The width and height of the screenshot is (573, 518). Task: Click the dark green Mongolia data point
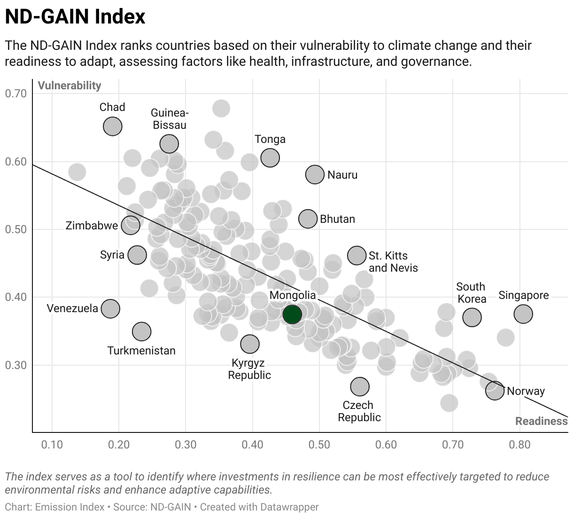(292, 314)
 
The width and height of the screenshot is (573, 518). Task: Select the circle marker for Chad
(113, 126)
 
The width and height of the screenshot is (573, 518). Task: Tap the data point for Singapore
(523, 314)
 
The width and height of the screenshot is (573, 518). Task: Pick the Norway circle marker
(495, 391)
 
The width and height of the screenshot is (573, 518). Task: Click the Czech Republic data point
(360, 386)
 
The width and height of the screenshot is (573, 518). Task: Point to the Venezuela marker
(110, 309)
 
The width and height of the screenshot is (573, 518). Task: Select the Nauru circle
(315, 174)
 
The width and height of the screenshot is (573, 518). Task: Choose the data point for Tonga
(270, 158)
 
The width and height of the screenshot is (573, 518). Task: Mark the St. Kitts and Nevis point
(357, 255)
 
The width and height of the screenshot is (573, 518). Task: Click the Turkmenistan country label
(141, 351)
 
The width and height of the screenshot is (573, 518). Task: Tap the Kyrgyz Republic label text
(249, 369)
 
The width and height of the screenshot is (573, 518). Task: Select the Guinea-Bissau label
(170, 119)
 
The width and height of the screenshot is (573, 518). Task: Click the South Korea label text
(471, 293)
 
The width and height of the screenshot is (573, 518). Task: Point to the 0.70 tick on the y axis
(15, 94)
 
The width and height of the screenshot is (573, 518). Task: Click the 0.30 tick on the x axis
(186, 445)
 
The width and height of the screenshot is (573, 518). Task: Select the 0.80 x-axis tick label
(520, 445)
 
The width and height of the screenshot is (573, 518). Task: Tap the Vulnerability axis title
(70, 86)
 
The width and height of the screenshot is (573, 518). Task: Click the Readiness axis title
(541, 421)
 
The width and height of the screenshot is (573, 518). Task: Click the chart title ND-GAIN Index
(75, 16)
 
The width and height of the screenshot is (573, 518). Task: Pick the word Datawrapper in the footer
(289, 507)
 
